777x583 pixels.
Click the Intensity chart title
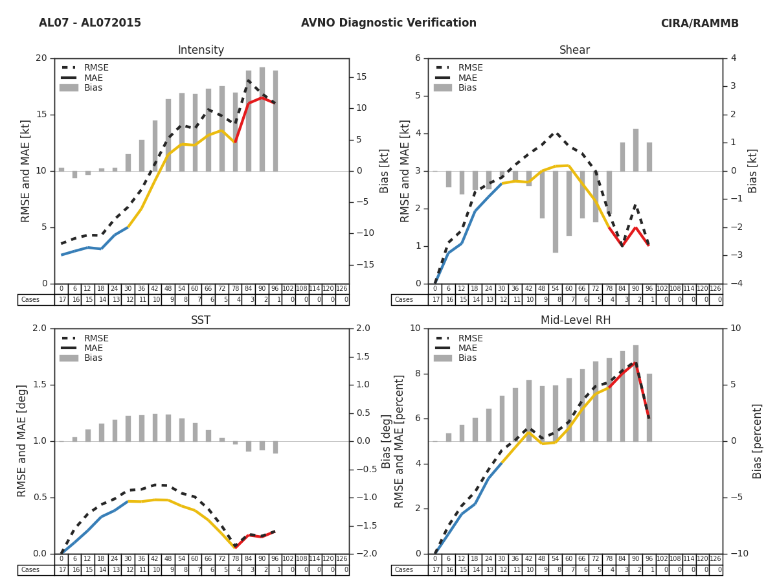tap(201, 51)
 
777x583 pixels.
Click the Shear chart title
tap(574, 51)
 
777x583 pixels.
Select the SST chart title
tap(201, 321)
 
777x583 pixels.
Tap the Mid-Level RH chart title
tap(574, 321)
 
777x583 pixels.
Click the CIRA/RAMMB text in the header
tap(699, 23)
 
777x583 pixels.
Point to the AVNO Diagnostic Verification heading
tap(388, 23)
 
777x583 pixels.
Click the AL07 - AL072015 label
tap(90, 23)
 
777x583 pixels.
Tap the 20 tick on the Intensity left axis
tap(41, 58)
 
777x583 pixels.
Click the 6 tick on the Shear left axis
tap(418, 58)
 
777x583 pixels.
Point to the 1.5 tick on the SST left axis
tap(40, 385)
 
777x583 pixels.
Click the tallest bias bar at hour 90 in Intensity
tap(262, 119)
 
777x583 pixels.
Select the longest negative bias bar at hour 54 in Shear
tap(555, 212)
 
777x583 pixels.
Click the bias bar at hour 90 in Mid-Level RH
tap(636, 393)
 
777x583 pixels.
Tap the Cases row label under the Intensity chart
tap(30, 300)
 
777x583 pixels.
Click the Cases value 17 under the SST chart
tap(62, 570)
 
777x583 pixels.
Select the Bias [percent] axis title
tap(757, 440)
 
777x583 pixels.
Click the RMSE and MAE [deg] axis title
tap(22, 440)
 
